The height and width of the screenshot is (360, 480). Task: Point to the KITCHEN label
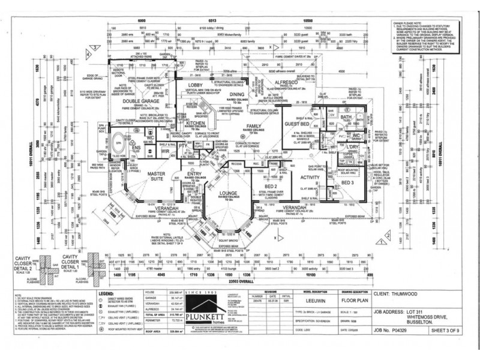(196, 122)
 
